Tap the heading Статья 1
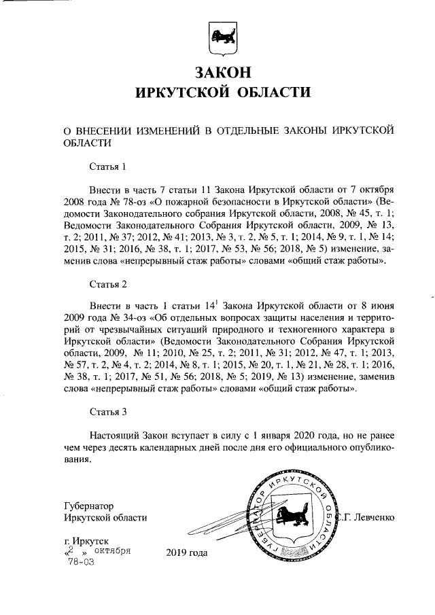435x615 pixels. click(x=109, y=165)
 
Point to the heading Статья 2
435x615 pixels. click(x=109, y=282)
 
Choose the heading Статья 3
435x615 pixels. click(x=109, y=411)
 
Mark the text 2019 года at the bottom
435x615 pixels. click(x=187, y=552)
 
